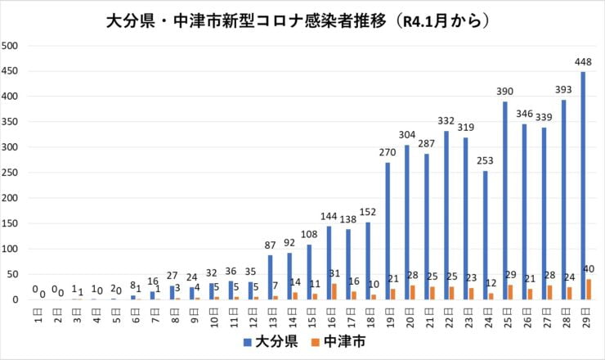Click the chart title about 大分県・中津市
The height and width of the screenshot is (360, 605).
coord(302,20)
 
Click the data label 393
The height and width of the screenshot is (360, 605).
coord(563,92)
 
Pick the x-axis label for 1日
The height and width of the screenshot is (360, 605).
coord(38,313)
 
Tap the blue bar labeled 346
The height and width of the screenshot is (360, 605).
coord(524,212)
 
